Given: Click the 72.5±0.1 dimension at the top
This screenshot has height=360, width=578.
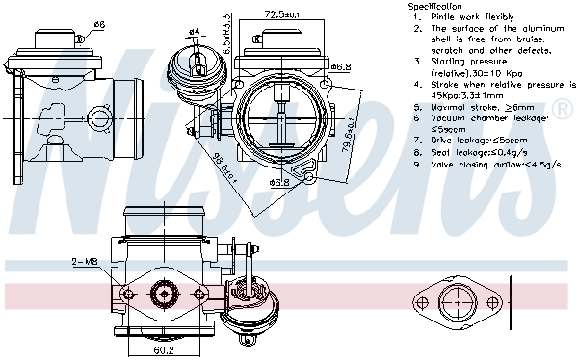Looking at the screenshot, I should (x=282, y=14).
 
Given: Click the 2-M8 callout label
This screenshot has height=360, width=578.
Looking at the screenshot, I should (x=85, y=261).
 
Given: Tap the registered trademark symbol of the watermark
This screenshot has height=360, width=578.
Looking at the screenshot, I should (x=562, y=113).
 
